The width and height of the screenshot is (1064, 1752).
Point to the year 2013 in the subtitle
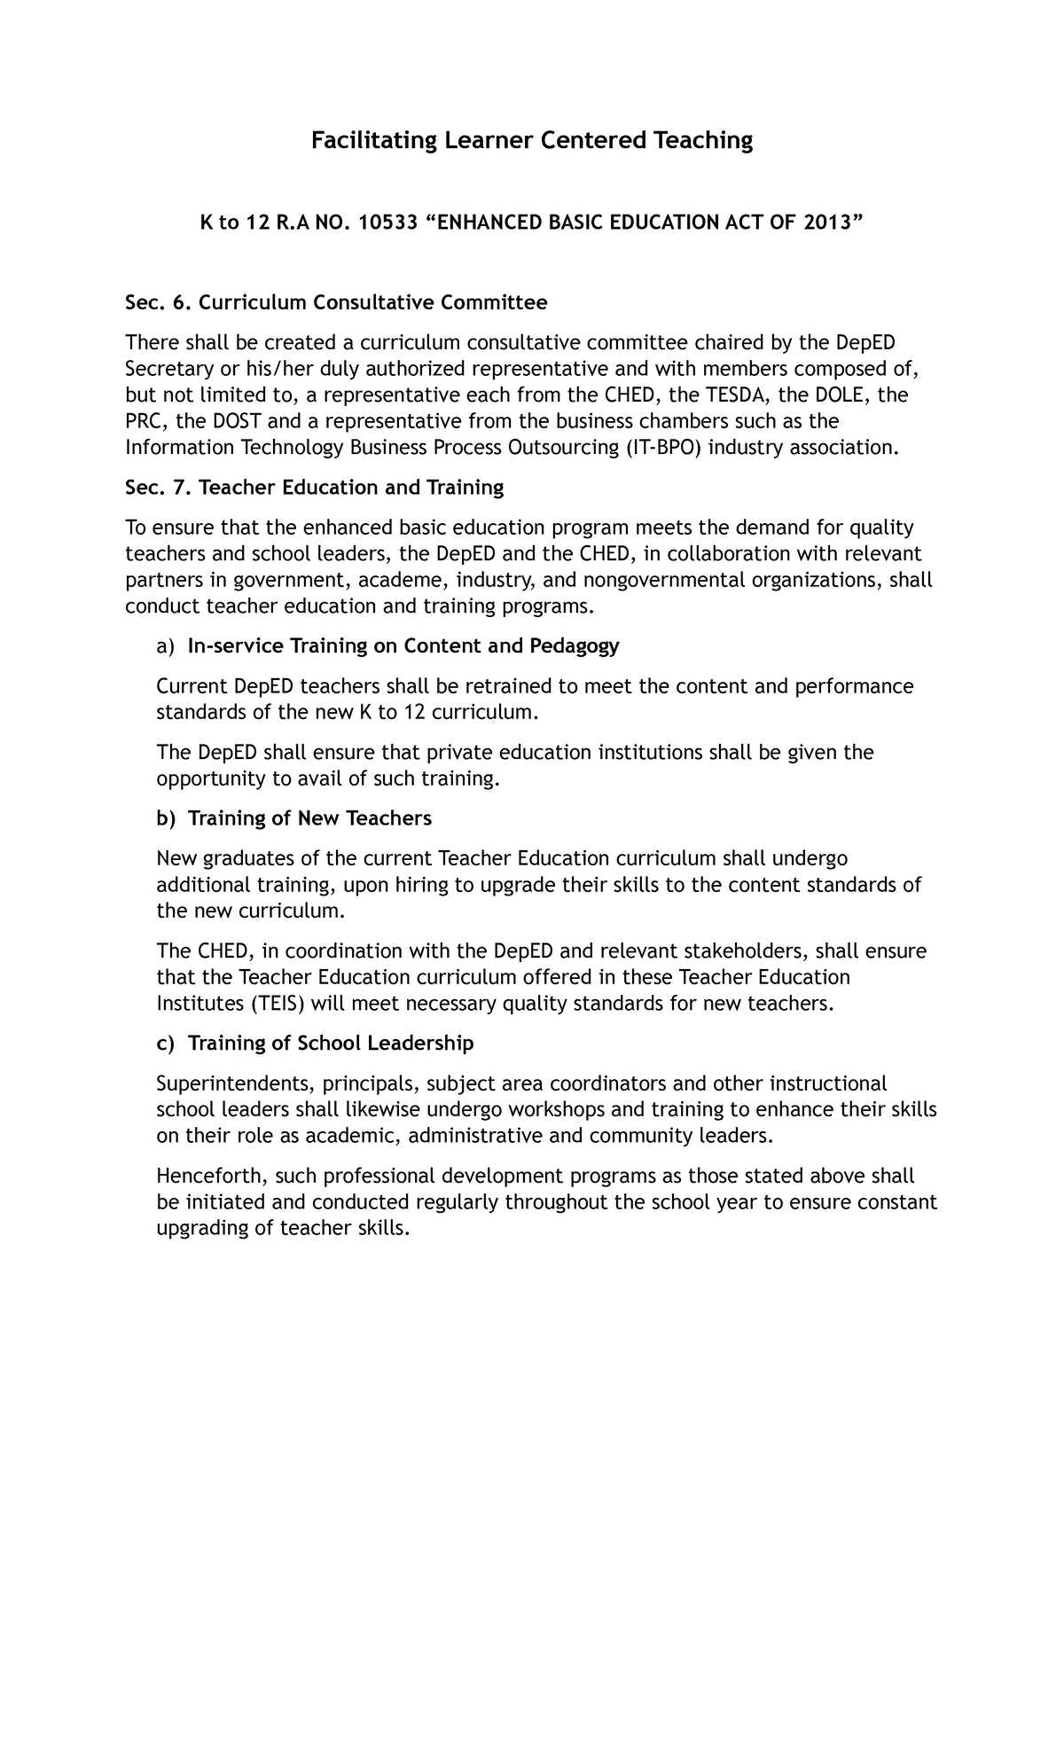tap(827, 223)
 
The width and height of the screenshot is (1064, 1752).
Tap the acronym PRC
tap(142, 421)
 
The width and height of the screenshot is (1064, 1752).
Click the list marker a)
tap(166, 646)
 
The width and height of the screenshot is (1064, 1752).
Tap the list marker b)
tap(166, 818)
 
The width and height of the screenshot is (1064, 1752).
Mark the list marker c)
tap(166, 1044)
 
